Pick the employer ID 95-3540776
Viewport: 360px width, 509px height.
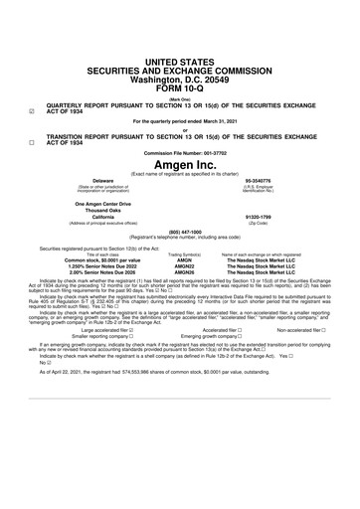coord(257,181)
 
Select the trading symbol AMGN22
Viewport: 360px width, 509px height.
coord(184,267)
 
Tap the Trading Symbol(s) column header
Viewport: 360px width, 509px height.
coord(184,255)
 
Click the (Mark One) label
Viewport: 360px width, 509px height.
coord(180,99)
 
